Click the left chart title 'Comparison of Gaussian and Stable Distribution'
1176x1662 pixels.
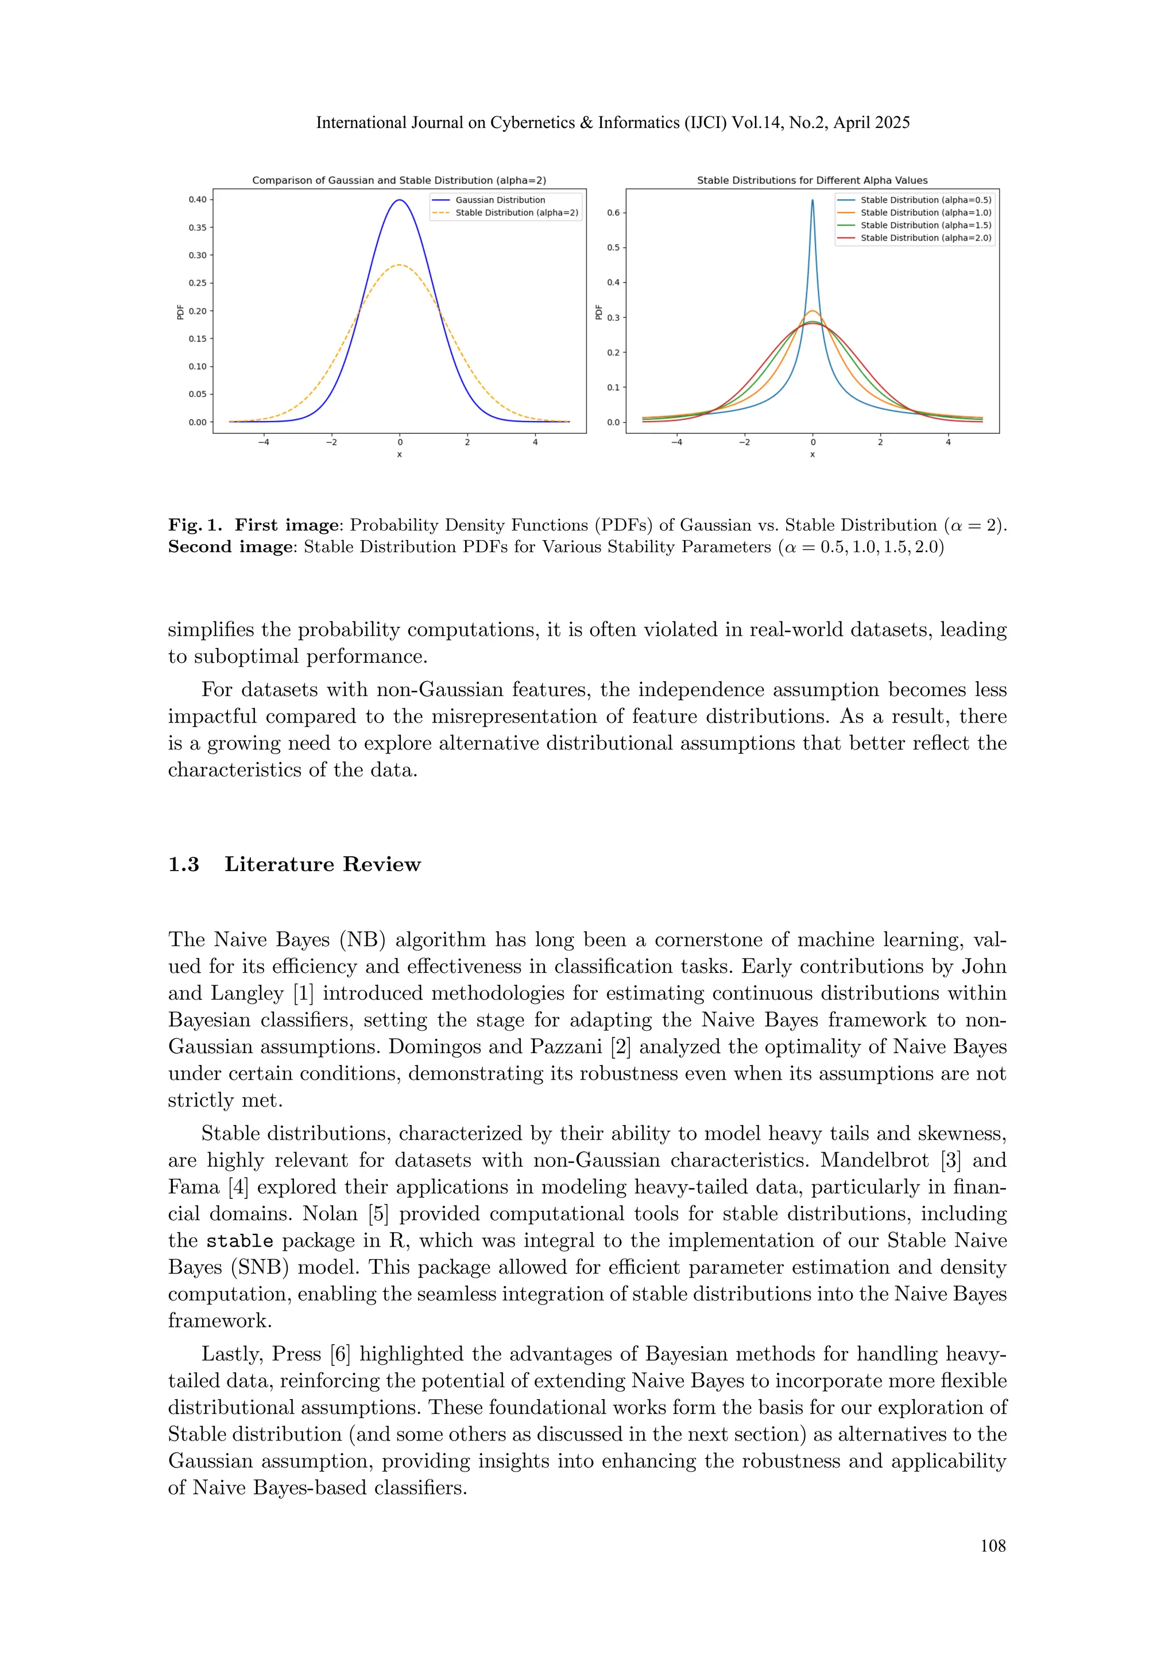(399, 180)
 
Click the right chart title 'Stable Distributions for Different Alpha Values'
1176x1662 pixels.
(812, 180)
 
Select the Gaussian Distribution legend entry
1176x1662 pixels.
(500, 200)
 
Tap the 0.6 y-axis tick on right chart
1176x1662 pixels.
(613, 213)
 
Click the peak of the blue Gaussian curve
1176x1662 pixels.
(400, 200)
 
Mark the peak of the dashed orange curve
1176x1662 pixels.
(400, 265)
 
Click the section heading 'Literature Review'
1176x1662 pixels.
(322, 864)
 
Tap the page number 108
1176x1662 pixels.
(993, 1545)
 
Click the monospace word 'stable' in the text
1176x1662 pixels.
(239, 1241)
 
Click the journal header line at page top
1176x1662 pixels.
(613, 123)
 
